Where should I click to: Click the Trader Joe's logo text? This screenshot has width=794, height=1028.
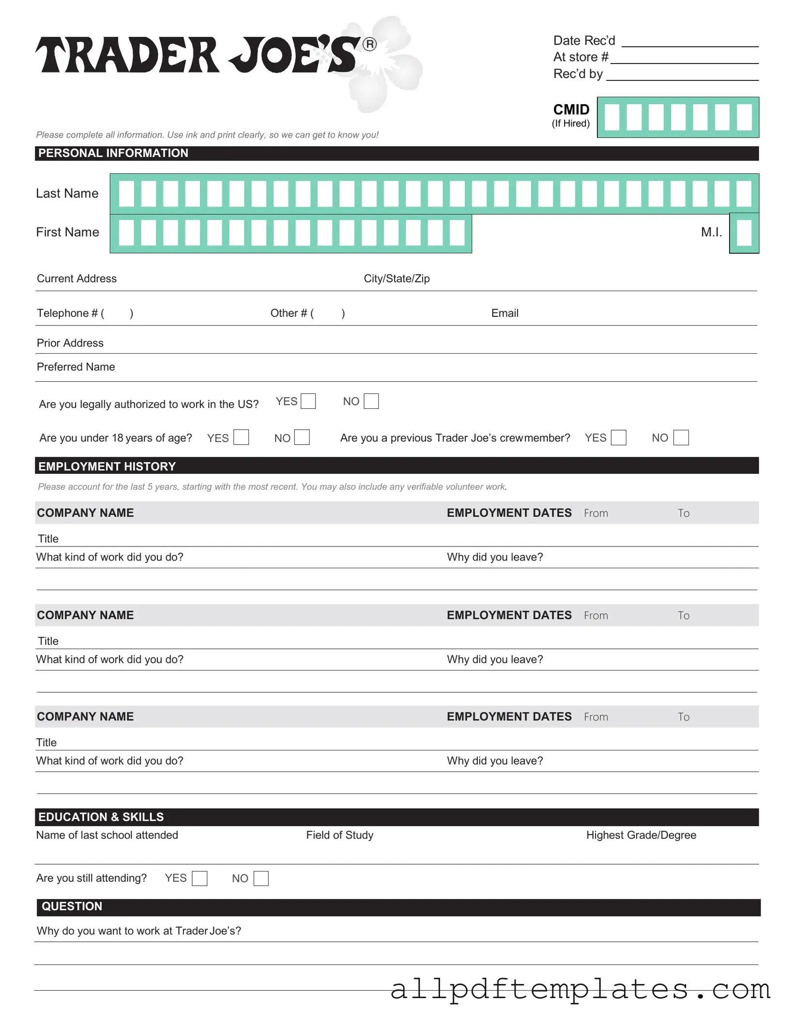coord(198,55)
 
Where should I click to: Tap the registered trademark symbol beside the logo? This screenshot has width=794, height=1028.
coord(369,45)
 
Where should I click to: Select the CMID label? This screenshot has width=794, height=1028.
coord(571,110)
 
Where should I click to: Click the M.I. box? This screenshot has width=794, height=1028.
coord(744,233)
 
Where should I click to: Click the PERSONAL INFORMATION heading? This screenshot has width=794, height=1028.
coord(113,153)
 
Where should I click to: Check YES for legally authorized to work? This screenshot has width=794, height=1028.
coord(308,401)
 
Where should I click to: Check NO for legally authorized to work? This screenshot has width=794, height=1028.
coord(371,401)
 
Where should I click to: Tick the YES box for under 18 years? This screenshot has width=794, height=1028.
coord(241,437)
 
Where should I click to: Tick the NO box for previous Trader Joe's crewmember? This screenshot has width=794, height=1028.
coord(681,437)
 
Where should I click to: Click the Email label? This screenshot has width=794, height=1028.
coord(504,313)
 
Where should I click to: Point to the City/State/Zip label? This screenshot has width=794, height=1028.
coord(397,279)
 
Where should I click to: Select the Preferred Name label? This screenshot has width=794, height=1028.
coord(76,367)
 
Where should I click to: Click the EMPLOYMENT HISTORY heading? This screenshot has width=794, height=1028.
coord(107,466)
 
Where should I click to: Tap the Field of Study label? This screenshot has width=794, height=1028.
coord(339,835)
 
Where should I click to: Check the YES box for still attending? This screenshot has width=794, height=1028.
coord(199,878)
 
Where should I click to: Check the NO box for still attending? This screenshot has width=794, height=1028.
coord(261,878)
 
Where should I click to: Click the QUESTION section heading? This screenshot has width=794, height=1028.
coord(72,906)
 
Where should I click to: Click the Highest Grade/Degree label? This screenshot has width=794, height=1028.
coord(641,835)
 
